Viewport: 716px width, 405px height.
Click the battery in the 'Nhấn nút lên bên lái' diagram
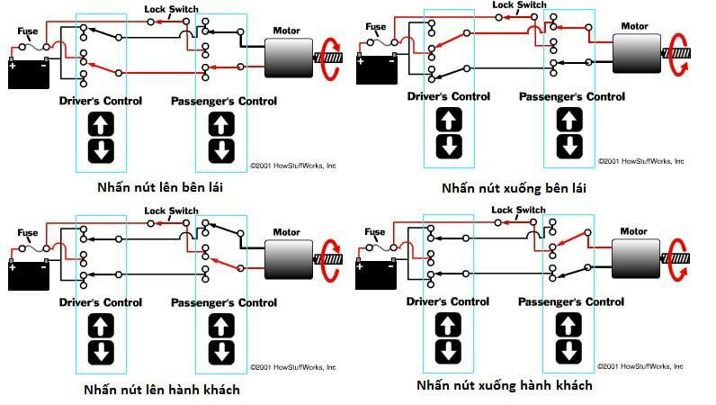click(29, 73)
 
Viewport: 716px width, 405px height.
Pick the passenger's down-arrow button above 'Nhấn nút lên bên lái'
click(221, 150)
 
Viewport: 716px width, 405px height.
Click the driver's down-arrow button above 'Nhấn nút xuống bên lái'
click(448, 146)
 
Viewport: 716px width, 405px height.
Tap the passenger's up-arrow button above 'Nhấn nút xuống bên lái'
click(568, 120)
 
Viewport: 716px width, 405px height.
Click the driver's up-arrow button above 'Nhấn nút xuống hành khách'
click(448, 323)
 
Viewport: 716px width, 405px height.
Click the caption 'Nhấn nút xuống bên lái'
click(507, 188)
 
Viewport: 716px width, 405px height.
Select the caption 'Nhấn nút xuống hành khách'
click(505, 385)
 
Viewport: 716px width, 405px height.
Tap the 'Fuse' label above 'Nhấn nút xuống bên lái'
click(375, 27)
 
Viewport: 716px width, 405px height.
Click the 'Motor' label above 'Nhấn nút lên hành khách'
click(288, 231)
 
